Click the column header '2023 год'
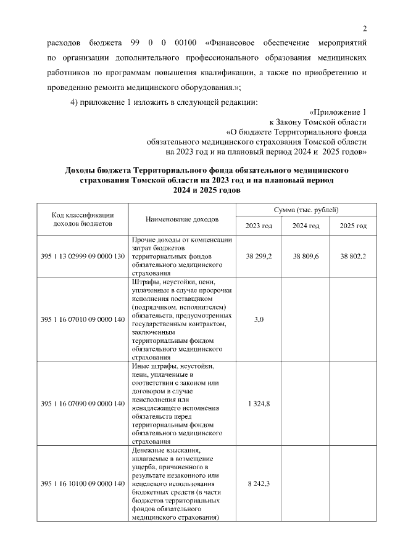point(259,226)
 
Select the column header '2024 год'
point(306,226)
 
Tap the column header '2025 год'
point(353,226)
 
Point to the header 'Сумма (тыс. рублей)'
point(306,210)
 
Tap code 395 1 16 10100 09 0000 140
point(83,484)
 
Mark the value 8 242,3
point(259,484)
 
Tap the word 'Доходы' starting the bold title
point(83,170)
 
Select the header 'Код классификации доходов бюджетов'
point(83,219)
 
